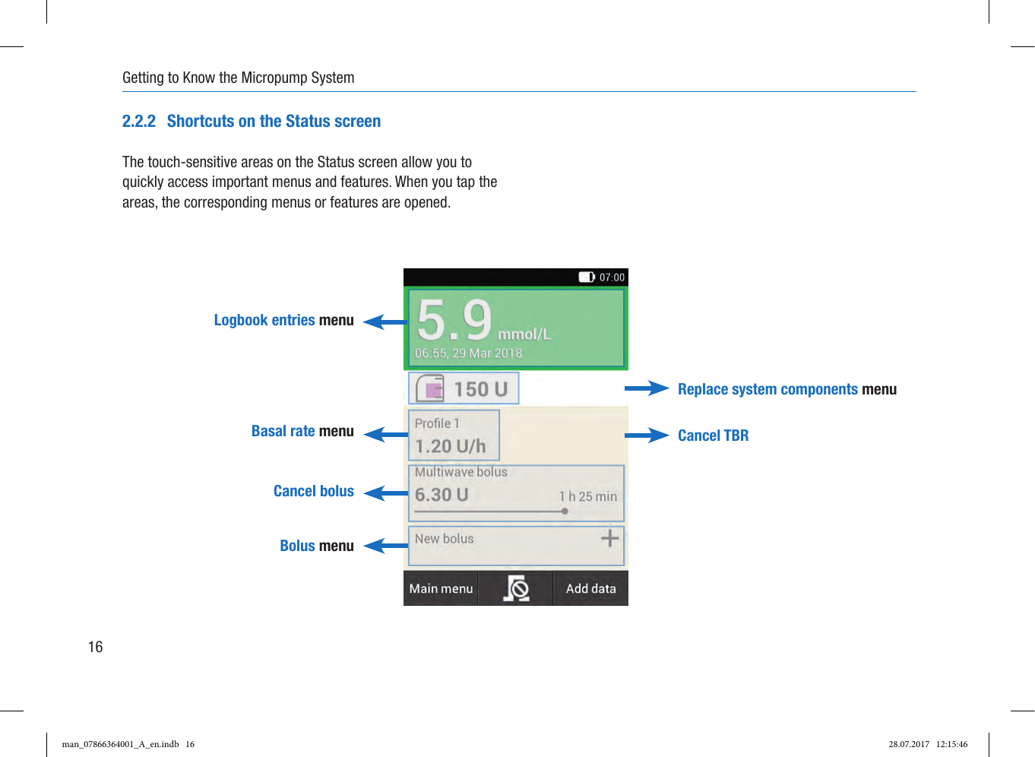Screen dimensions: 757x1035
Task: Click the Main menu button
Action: point(441,588)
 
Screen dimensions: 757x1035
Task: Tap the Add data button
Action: point(590,588)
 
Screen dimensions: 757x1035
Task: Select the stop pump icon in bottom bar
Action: point(516,588)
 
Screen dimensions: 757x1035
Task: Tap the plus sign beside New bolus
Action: point(609,539)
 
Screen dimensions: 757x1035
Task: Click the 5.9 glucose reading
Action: point(454,320)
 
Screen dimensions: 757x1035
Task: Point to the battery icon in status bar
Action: point(587,277)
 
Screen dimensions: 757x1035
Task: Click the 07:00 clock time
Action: point(612,277)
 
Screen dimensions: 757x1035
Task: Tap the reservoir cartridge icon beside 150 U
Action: point(430,388)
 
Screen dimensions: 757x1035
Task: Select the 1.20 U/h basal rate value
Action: point(451,446)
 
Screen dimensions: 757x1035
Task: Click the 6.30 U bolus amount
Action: point(442,495)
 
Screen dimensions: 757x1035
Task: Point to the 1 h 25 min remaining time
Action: point(588,496)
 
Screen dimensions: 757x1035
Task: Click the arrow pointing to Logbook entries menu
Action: point(385,322)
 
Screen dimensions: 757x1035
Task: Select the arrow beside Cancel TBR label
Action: point(647,436)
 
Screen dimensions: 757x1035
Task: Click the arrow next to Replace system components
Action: point(647,388)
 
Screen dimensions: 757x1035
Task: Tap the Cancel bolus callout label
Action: point(313,491)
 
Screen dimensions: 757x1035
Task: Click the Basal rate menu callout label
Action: point(302,431)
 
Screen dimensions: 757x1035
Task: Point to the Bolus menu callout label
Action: point(316,546)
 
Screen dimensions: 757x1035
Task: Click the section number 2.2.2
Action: point(139,122)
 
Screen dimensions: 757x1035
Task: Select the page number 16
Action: point(95,647)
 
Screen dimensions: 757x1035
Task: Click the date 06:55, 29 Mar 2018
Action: point(468,353)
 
